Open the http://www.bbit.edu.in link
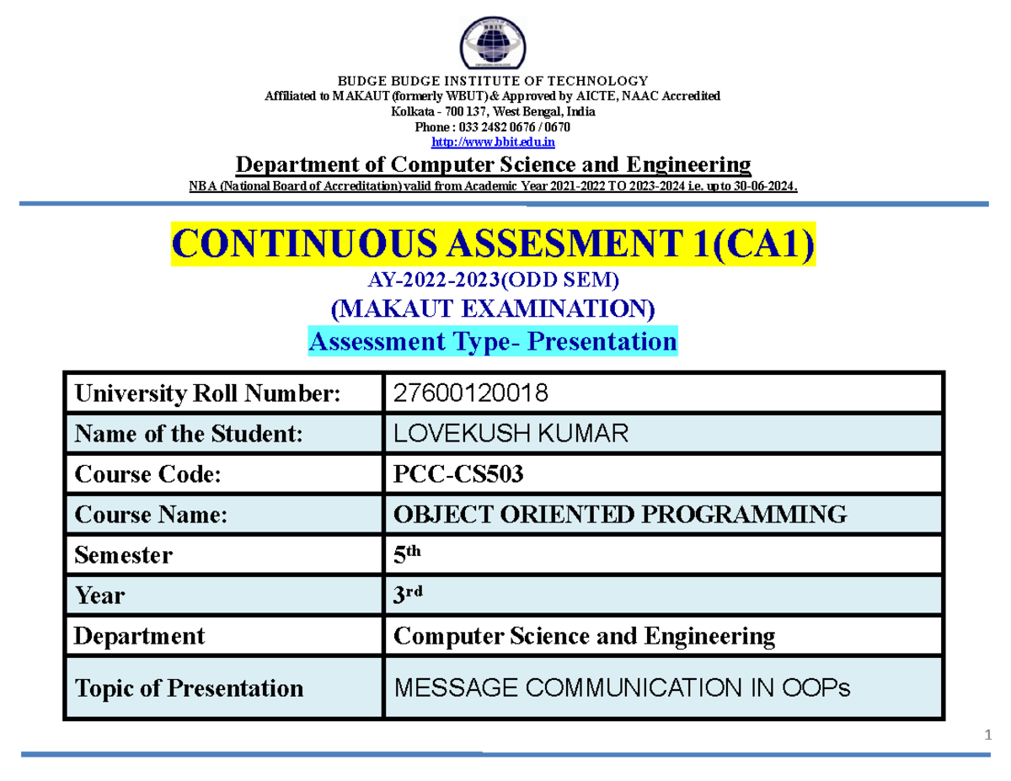point(493,142)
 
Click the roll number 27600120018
point(470,393)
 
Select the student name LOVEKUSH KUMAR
point(511,434)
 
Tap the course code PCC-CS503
point(458,474)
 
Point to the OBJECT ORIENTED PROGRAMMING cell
point(620,514)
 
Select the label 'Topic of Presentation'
point(189,687)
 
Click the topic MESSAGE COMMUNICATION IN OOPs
point(623,688)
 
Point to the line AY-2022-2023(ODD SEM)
point(494,279)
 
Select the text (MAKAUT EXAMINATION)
point(494,309)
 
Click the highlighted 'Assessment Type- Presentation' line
point(494,342)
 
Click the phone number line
point(493,126)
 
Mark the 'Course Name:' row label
point(151,515)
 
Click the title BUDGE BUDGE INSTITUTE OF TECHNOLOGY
point(493,81)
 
